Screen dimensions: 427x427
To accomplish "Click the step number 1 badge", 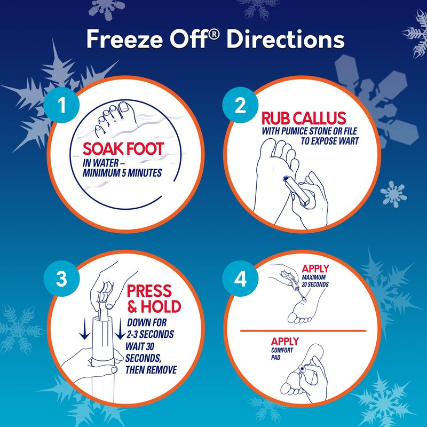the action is coord(61,105).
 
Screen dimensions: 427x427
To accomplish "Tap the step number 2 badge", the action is coord(240,105).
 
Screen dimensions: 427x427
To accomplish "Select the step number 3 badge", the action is coord(61,279).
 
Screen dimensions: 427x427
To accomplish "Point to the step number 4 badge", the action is coord(240,279).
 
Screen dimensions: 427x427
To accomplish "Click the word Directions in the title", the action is coord(286,39).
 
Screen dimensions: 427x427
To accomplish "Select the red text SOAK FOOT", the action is coord(123,149).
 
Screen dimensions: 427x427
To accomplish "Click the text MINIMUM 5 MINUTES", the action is coord(122,173).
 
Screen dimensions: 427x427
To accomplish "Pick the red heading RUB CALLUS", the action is coord(304,118).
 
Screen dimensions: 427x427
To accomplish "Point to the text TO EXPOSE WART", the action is coord(330,141).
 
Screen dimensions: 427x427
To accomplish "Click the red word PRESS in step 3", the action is coord(149,291).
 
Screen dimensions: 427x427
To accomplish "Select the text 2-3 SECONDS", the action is coord(151,334).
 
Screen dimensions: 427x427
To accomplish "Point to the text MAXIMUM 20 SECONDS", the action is coord(315,281).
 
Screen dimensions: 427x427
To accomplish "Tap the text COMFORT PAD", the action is coord(282,354).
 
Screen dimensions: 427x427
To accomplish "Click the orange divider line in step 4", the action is coord(303,331).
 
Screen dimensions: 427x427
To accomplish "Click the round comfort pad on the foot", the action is coord(302,369).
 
